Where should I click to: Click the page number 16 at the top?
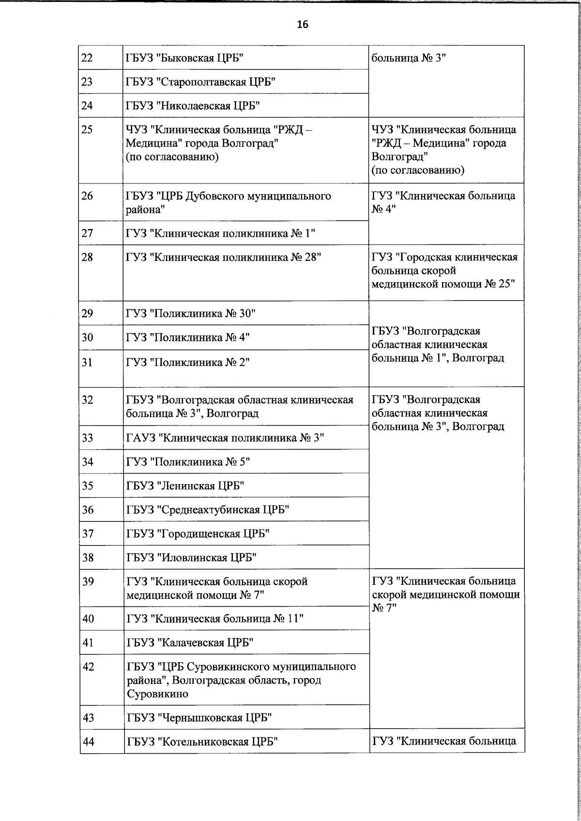click(303, 25)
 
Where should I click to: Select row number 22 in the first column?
click(87, 58)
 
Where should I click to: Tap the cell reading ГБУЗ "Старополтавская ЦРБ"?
click(200, 82)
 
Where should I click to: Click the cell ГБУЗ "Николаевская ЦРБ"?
click(193, 106)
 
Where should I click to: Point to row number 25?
click(87, 130)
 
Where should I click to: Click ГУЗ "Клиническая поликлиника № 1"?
click(221, 233)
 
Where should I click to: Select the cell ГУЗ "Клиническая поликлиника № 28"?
click(224, 257)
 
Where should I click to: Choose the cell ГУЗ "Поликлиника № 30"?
click(191, 314)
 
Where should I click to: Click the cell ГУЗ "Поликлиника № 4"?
click(188, 337)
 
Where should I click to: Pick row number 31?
click(87, 362)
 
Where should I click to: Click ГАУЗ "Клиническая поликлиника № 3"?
click(225, 438)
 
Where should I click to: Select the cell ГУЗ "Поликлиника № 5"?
click(188, 462)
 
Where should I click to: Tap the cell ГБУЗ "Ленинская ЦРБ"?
click(185, 486)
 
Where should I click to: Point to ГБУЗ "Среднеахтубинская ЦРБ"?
click(208, 510)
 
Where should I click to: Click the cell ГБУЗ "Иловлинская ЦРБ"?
click(191, 558)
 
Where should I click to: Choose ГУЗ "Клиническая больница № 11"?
click(215, 619)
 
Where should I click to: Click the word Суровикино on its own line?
click(157, 694)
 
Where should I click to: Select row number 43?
click(88, 717)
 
